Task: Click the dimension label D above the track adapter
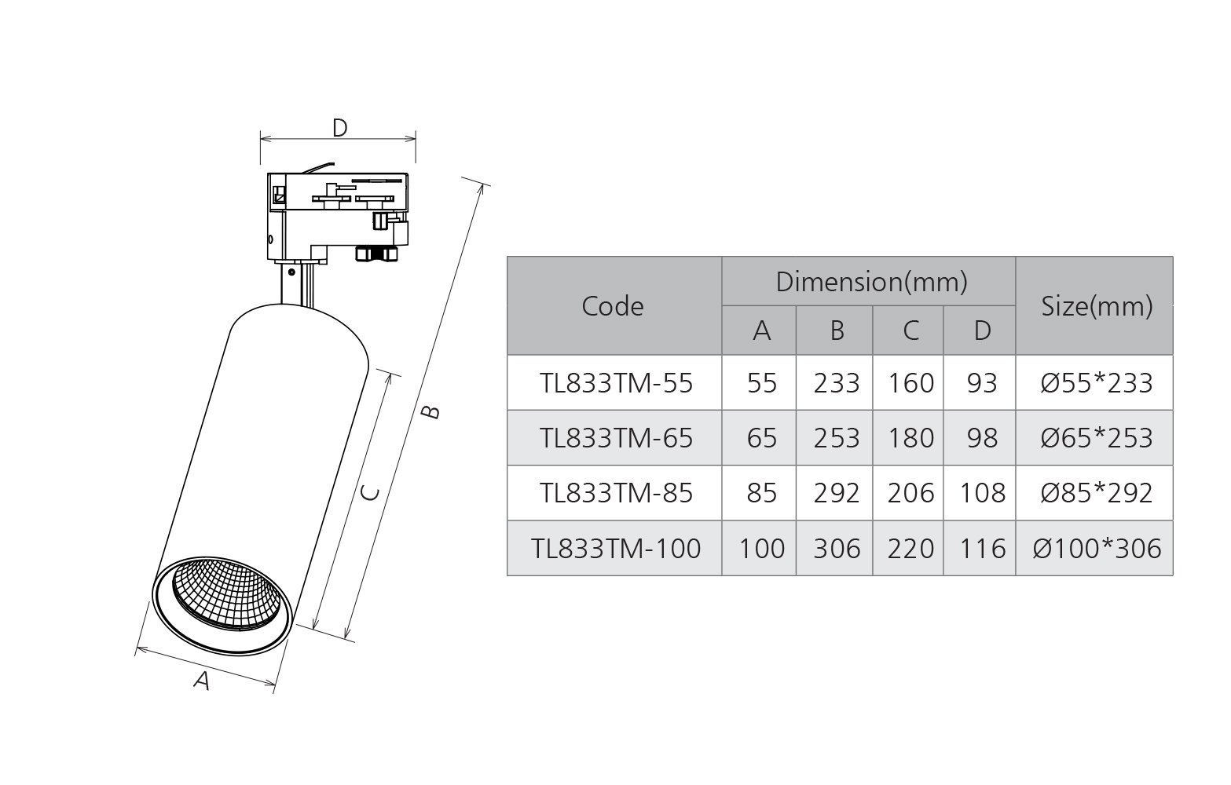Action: [x=339, y=127]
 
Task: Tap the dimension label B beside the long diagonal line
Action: [x=430, y=411]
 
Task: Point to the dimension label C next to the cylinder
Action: [x=370, y=493]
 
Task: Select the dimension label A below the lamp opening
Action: [x=202, y=680]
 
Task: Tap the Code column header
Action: [x=613, y=306]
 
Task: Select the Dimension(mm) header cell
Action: [x=870, y=281]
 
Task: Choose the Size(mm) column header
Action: [x=1097, y=306]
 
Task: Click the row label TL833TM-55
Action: [x=616, y=383]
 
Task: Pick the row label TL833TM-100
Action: [x=616, y=548]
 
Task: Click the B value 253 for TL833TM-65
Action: [x=836, y=438]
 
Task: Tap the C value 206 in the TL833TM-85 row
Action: [x=910, y=493]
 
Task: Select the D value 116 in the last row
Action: [x=982, y=548]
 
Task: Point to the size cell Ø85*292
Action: [x=1097, y=493]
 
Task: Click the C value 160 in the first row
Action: [x=910, y=383]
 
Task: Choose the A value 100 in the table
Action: [x=761, y=548]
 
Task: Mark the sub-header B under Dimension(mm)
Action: [x=837, y=330]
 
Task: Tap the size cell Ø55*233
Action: [x=1097, y=383]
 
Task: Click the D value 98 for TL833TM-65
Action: [x=982, y=438]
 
